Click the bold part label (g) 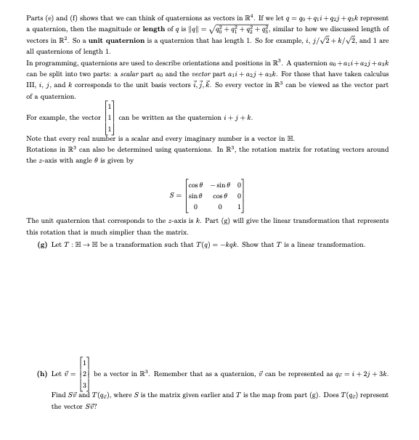pyautogui.click(x=42, y=245)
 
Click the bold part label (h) pyautogui.click(x=42, y=375)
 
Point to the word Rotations pyautogui.click(x=41, y=148)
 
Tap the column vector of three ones pyautogui.click(x=108, y=118)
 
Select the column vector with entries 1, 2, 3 pyautogui.click(x=85, y=375)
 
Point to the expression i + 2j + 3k pyautogui.click(x=370, y=375)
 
